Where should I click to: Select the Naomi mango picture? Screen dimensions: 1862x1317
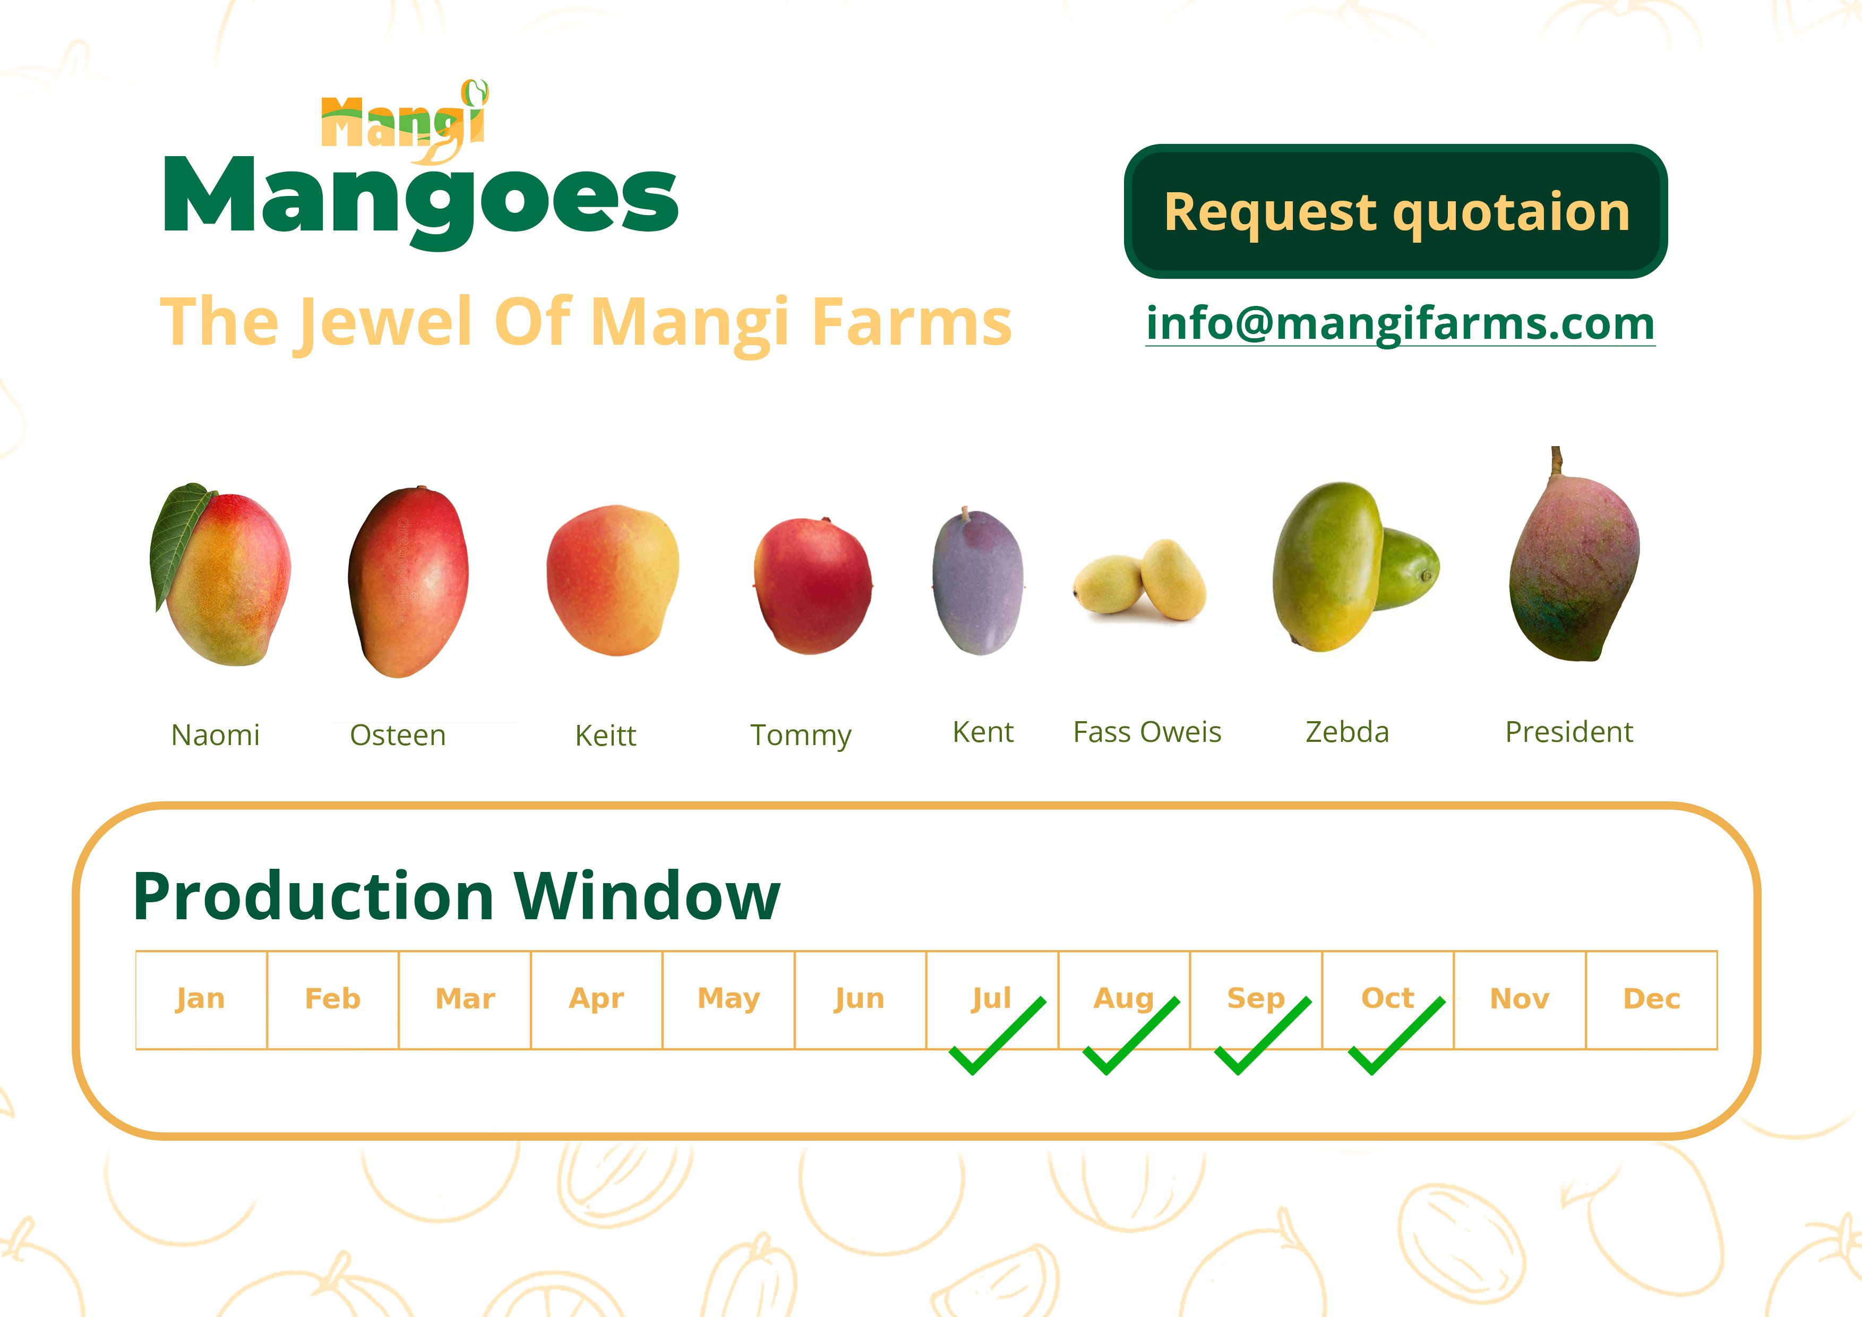coord(220,574)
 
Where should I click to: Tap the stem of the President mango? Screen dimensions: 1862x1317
coord(1556,462)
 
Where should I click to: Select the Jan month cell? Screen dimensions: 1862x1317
coord(201,999)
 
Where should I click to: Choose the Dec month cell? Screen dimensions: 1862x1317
coord(1651,999)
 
